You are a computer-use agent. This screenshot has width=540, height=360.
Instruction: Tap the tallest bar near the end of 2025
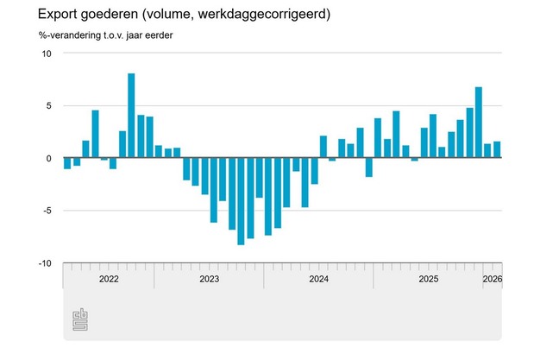[x=479, y=123]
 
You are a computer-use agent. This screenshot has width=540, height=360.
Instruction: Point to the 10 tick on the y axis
[x=47, y=54]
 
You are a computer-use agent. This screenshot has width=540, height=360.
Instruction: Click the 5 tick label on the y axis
[x=49, y=106]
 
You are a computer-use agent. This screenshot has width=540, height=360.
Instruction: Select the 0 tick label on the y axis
[x=49, y=159]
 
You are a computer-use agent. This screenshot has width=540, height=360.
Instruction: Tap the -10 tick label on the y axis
[x=46, y=264]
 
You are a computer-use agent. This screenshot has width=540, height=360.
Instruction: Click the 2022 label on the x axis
[x=109, y=280]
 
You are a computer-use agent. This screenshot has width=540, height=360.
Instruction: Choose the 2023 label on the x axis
[x=210, y=280]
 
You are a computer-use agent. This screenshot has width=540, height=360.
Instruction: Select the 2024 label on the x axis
[x=318, y=280]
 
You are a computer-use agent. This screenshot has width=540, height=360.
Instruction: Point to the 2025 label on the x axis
[x=428, y=280]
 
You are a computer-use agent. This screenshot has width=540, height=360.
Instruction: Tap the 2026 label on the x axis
[x=492, y=280]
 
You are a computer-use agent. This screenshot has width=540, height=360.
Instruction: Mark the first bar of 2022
[x=67, y=163]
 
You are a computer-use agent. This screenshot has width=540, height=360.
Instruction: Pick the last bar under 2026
[x=497, y=150]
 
